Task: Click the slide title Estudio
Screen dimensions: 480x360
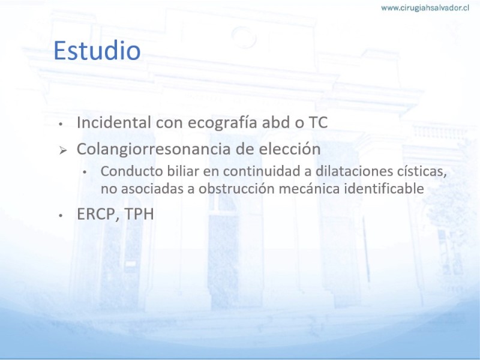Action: pos(97,50)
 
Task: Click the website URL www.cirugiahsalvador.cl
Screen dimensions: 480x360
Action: pos(425,8)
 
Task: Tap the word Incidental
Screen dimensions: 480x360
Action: pos(114,122)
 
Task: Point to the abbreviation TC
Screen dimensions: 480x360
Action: pos(318,122)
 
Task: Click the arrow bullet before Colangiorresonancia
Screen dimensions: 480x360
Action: pos(63,150)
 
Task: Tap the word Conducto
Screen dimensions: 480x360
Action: pos(131,171)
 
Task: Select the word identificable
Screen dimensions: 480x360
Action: pos(384,188)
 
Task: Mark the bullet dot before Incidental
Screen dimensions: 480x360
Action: pos(61,124)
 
